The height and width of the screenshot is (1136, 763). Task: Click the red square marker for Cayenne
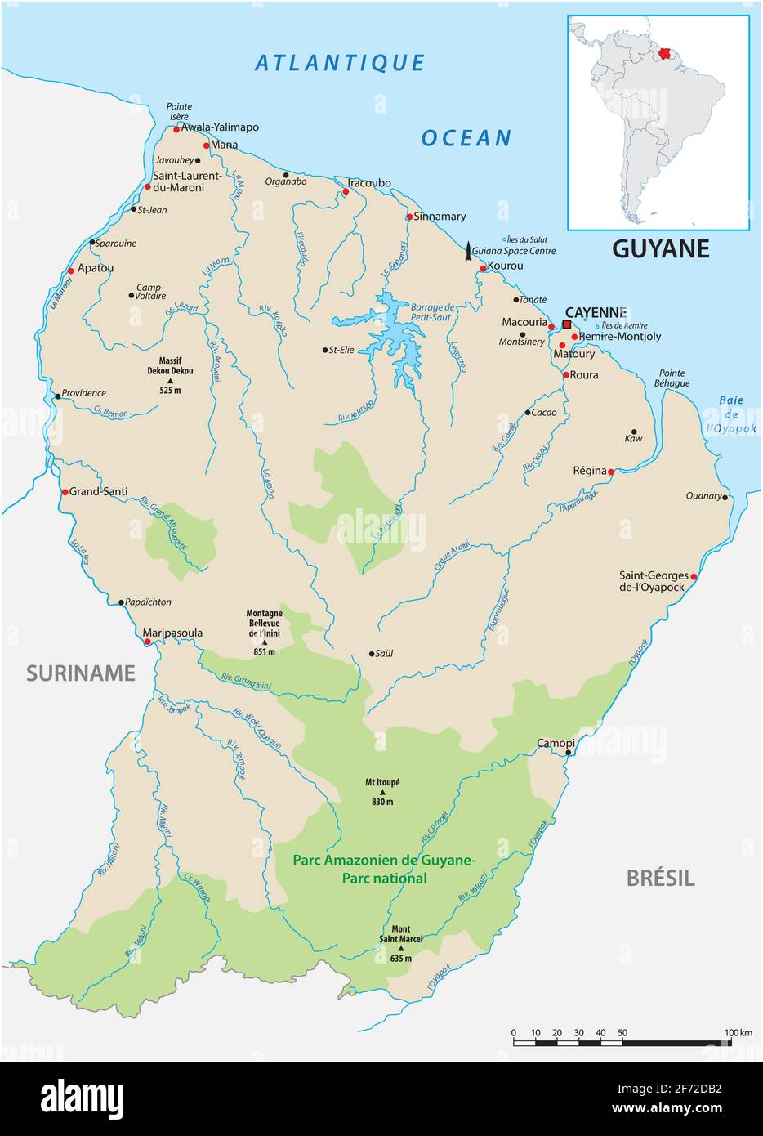coord(567,324)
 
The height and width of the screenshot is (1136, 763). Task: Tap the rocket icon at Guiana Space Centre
coord(468,251)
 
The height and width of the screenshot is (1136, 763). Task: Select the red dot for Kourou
coord(483,268)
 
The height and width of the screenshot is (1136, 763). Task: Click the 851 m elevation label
coord(264,651)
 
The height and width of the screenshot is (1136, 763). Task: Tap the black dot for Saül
coord(371,654)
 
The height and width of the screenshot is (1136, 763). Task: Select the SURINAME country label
coord(80,673)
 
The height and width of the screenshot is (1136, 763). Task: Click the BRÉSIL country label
coord(660,879)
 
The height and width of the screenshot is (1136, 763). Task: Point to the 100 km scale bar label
coord(741,1033)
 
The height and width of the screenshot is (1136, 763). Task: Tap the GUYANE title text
coord(660,248)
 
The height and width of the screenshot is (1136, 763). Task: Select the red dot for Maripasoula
coord(147,642)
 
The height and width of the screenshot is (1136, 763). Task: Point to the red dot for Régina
coord(611,471)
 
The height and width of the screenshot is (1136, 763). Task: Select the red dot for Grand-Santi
coord(65,492)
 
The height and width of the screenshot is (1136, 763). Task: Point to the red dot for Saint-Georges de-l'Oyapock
coord(694,576)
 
